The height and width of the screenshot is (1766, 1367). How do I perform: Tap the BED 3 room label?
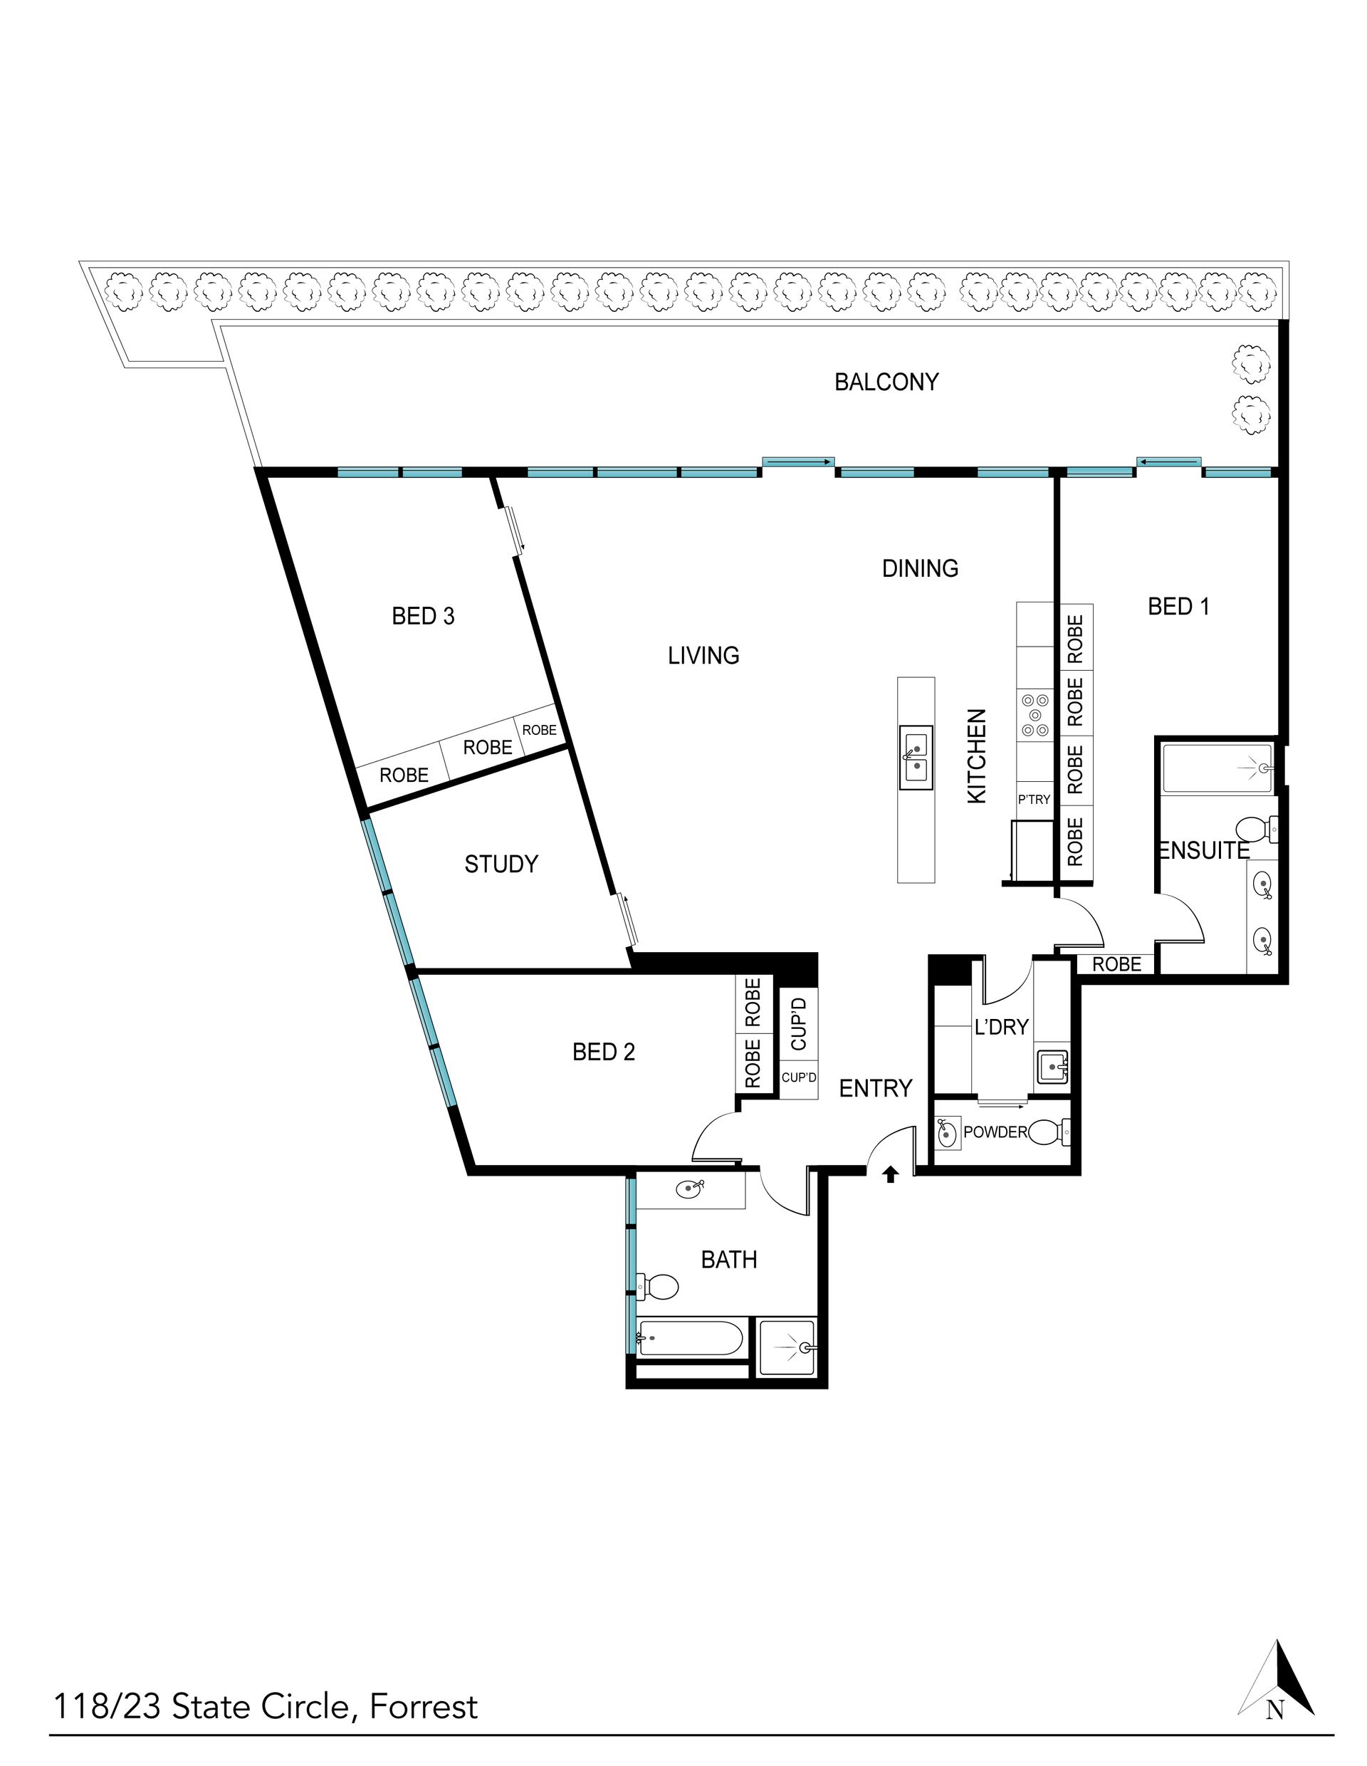pyautogui.click(x=423, y=616)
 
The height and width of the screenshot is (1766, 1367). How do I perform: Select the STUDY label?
pyautogui.click(x=501, y=864)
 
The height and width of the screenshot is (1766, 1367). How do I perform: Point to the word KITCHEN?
pyautogui.click(x=978, y=756)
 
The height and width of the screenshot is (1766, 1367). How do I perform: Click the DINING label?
pyautogui.click(x=920, y=568)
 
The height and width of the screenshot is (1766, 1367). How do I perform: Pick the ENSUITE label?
pyautogui.click(x=1205, y=851)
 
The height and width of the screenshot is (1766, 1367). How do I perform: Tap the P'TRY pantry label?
pyautogui.click(x=1034, y=800)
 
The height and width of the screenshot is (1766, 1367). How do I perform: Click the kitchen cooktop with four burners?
pyautogui.click(x=1035, y=716)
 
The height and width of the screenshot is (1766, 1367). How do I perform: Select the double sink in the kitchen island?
pyautogui.click(x=916, y=757)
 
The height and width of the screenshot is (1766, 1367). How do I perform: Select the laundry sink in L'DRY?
pyautogui.click(x=1052, y=1067)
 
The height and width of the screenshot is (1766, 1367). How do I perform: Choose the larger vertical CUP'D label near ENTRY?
pyautogui.click(x=799, y=1024)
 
